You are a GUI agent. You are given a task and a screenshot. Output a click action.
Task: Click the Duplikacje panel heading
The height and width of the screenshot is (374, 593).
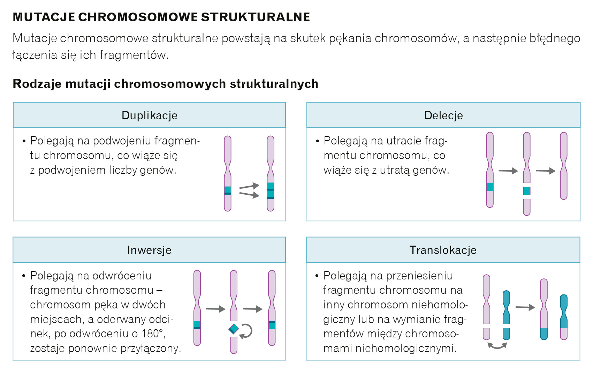pos(149,115)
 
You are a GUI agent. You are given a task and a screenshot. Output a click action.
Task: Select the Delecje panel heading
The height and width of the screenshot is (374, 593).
pos(443,115)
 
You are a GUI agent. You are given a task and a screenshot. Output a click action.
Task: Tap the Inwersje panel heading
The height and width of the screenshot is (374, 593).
pos(149,250)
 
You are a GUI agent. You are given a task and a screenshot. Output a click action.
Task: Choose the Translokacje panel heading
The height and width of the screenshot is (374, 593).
pos(443,250)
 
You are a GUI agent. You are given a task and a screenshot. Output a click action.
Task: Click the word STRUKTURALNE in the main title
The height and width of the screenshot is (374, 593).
pos(256,17)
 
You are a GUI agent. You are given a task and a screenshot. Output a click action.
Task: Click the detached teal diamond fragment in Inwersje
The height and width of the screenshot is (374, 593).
pos(234,329)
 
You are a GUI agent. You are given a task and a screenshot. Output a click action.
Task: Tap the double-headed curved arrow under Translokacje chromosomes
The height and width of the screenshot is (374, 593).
pos(497,346)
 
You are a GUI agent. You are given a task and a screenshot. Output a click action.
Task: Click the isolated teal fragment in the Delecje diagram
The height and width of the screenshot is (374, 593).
pos(527,191)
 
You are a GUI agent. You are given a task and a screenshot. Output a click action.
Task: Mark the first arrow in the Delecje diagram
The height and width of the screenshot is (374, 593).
pos(508,171)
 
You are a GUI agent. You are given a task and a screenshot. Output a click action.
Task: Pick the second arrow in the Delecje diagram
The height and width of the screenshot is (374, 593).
pos(546,171)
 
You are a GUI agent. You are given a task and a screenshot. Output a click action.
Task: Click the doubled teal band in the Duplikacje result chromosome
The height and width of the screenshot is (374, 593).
pos(271,190)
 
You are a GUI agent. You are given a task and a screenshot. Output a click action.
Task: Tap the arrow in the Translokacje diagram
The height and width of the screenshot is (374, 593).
pos(525,307)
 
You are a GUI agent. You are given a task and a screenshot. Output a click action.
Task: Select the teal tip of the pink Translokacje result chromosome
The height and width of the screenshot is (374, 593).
pos(544,334)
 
